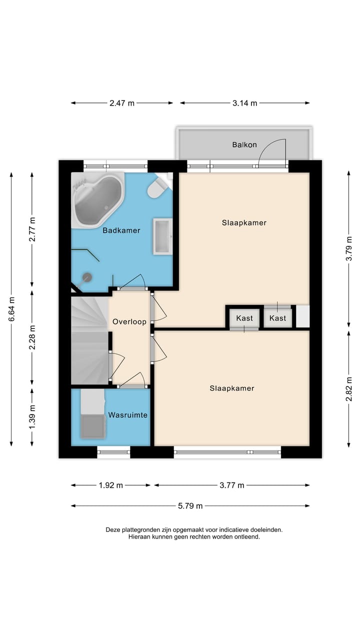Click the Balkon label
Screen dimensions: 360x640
coord(244,145)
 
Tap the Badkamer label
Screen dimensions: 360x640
coord(121,230)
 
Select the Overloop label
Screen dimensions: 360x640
coord(129,321)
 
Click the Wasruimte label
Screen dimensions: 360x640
coord(127,415)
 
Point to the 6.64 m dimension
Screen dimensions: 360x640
coord(11,309)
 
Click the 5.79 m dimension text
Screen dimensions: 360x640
coord(190,506)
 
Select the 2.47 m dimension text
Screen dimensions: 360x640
coord(121,103)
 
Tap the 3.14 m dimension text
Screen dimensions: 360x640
coord(244,103)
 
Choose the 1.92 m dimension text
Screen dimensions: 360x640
coord(111,485)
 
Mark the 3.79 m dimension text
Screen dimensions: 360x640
coord(349,248)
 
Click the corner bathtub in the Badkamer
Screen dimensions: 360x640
coord(97,199)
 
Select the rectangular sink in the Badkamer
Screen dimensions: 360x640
coord(162,236)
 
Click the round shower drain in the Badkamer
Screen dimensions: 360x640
coord(87,277)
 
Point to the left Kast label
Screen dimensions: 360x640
coord(244,318)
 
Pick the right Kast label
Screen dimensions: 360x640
coord(277,318)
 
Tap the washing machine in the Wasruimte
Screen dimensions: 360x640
coord(93,427)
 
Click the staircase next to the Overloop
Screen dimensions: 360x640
coord(89,340)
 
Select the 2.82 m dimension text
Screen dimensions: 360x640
coord(349,389)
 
